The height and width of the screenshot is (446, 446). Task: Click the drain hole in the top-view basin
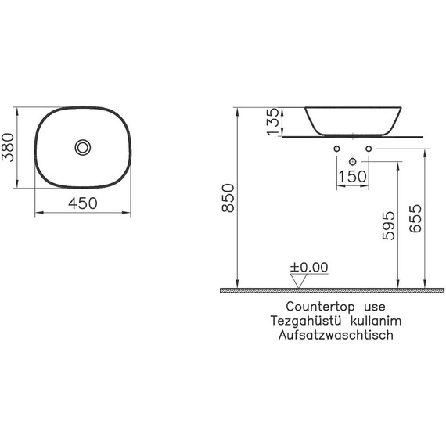(83, 146)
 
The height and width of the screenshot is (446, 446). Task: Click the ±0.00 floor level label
(309, 268)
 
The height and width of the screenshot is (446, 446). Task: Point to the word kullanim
(366, 321)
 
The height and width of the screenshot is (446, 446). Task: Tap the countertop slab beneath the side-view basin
(351, 137)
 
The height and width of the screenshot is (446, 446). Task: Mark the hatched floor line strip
(332, 290)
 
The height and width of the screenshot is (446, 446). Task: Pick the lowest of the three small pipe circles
(352, 162)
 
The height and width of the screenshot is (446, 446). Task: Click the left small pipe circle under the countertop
(336, 149)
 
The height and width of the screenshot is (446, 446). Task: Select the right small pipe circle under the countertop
(368, 149)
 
